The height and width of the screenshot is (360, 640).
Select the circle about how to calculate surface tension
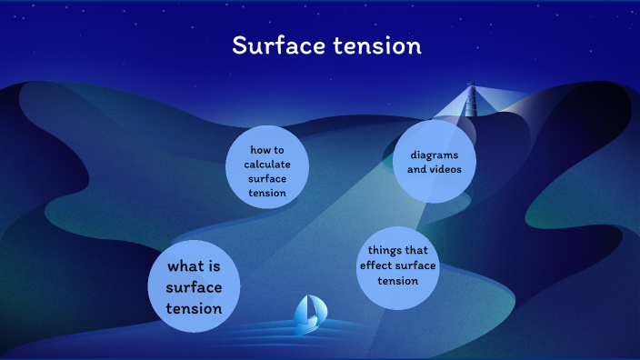click(267, 166)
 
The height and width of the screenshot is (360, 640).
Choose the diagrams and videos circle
click(435, 162)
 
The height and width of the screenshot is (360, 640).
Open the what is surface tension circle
click(194, 286)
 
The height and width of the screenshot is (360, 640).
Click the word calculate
click(267, 164)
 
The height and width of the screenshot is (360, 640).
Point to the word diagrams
click(435, 155)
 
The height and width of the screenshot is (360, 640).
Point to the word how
click(259, 149)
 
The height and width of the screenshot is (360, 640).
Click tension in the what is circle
click(194, 309)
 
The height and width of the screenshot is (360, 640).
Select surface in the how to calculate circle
click(267, 178)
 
